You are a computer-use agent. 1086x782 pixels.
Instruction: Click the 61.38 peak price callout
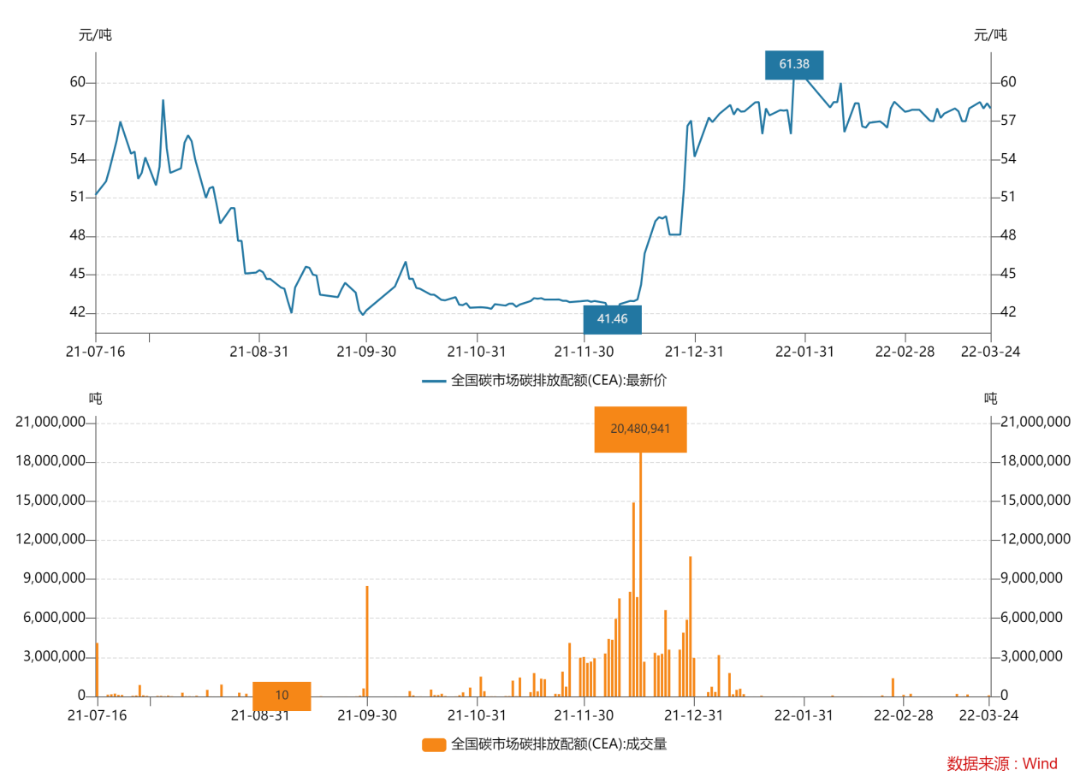(x=794, y=64)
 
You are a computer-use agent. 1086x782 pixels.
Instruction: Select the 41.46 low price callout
(x=612, y=319)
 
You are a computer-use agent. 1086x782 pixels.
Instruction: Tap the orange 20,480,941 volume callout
(x=640, y=429)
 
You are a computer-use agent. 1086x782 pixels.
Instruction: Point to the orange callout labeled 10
(x=282, y=696)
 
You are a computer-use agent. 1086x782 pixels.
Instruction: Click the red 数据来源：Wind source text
(x=1002, y=764)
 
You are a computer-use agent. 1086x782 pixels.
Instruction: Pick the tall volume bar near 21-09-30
(x=367, y=640)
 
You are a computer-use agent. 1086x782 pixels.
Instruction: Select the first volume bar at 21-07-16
(x=98, y=669)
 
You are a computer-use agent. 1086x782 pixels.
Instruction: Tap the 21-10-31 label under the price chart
(x=477, y=352)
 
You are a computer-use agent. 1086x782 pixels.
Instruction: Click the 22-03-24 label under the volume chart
(x=990, y=714)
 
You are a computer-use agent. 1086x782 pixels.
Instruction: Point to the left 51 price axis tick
(x=78, y=198)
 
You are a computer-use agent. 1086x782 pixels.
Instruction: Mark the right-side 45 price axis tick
(x=1008, y=275)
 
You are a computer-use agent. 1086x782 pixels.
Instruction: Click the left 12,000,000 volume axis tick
(x=50, y=540)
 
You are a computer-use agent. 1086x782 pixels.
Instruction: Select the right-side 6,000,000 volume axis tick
(x=1032, y=618)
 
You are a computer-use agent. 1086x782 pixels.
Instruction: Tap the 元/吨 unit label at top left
(x=95, y=35)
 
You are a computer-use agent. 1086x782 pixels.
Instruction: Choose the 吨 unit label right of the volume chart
(x=990, y=398)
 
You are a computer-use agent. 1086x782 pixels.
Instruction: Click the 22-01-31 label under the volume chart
(x=804, y=714)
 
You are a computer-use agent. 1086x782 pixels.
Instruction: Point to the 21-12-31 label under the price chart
(x=695, y=352)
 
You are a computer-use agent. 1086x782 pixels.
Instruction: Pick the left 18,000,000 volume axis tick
(x=50, y=461)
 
